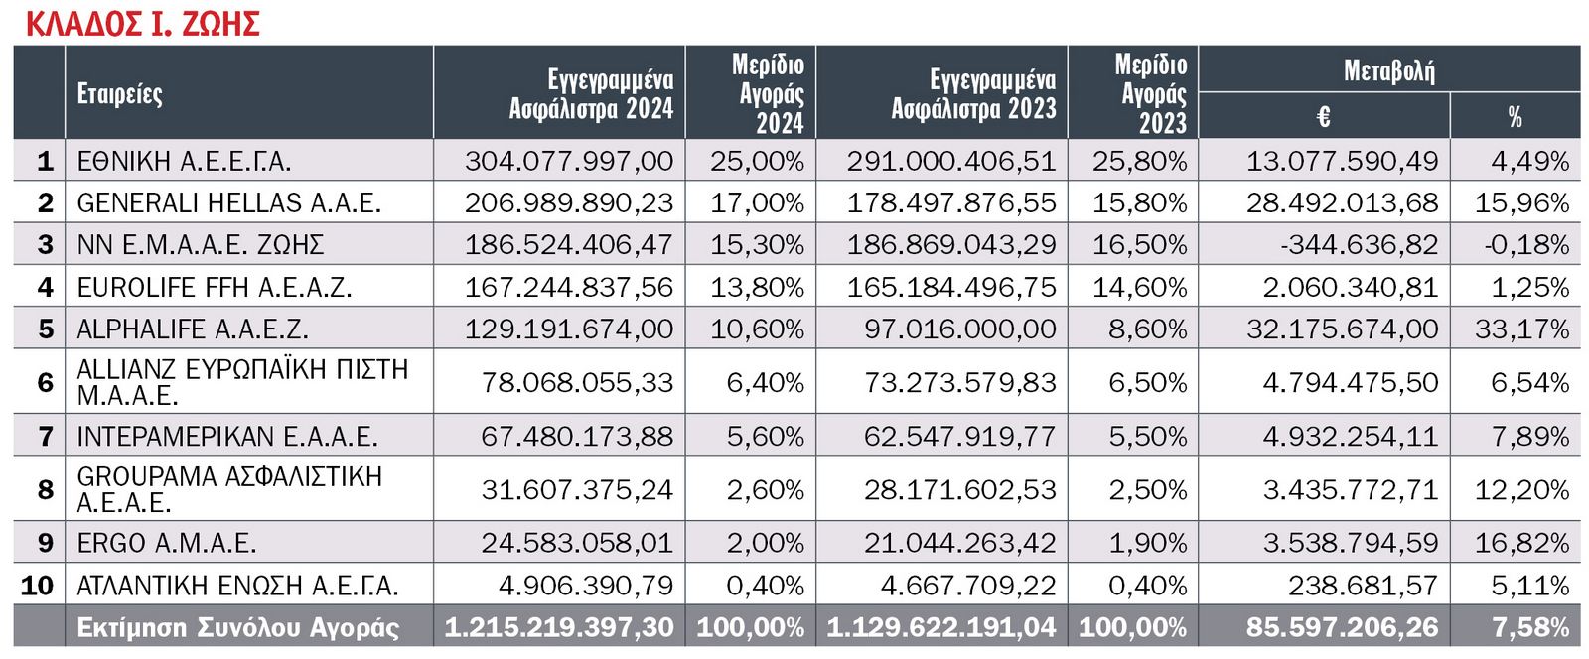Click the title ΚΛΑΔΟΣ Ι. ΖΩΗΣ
click(142, 23)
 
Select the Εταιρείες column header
click(119, 94)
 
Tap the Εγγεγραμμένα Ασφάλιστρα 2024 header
click(591, 94)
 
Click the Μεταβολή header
click(1388, 70)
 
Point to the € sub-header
click(1323, 117)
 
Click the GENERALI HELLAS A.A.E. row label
click(228, 203)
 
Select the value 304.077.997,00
click(568, 161)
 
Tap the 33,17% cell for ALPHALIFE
click(1521, 329)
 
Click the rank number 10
click(37, 587)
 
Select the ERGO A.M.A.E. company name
click(166, 544)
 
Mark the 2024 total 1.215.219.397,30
click(558, 628)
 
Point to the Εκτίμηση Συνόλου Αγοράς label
click(238, 628)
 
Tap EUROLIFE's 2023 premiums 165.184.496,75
click(950, 288)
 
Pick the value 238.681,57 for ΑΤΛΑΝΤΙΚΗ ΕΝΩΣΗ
click(1363, 587)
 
